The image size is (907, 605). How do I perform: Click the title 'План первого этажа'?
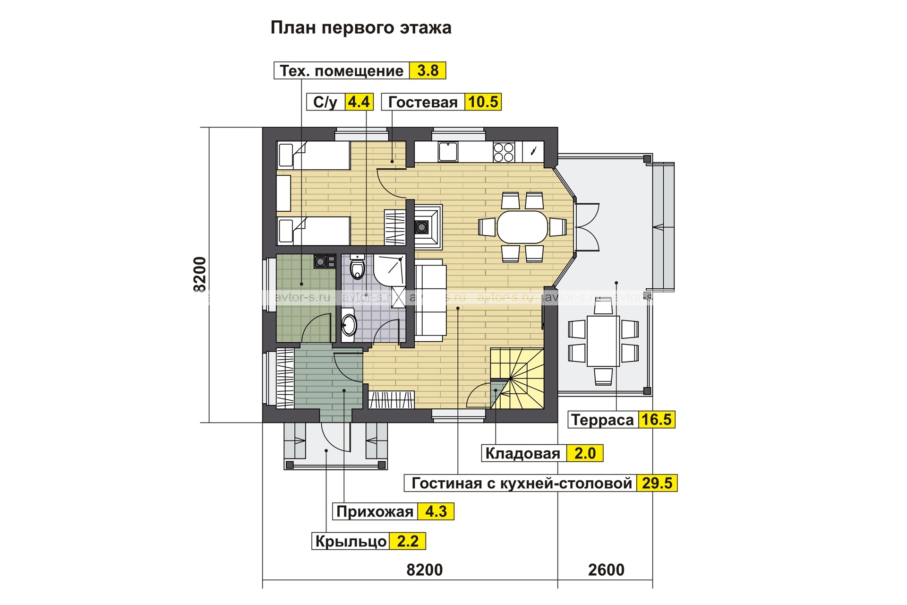pyautogui.click(x=361, y=28)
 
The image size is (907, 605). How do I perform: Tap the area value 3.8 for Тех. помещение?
pyautogui.click(x=428, y=71)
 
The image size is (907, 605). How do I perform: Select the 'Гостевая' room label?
pyautogui.click(x=423, y=102)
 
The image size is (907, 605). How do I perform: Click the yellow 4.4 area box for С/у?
pyautogui.click(x=359, y=102)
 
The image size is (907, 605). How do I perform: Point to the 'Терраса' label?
pyautogui.click(x=602, y=420)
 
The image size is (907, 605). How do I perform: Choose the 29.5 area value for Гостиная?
pyautogui.click(x=657, y=483)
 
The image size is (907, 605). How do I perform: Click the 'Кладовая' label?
pyautogui.click(x=523, y=453)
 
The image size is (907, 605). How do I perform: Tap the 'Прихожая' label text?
pyautogui.click(x=375, y=511)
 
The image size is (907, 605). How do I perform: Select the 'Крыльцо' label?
pyautogui.click(x=351, y=541)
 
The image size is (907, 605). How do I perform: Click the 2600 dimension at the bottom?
pyautogui.click(x=606, y=570)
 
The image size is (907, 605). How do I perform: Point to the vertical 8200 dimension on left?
pyautogui.click(x=200, y=275)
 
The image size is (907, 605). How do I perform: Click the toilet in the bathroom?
pyautogui.click(x=358, y=267)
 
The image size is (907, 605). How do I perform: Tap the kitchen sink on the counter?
pyautogui.click(x=447, y=152)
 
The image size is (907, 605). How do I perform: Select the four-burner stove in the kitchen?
pyautogui.click(x=504, y=152)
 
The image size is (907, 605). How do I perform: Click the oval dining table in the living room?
pyautogui.click(x=522, y=227)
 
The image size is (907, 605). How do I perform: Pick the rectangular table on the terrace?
pyautogui.click(x=603, y=340)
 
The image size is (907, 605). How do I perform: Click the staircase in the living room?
pyautogui.click(x=517, y=378)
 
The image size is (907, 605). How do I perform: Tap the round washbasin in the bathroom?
pyautogui.click(x=349, y=323)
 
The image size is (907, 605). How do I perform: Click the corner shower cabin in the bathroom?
pyautogui.click(x=389, y=270)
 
